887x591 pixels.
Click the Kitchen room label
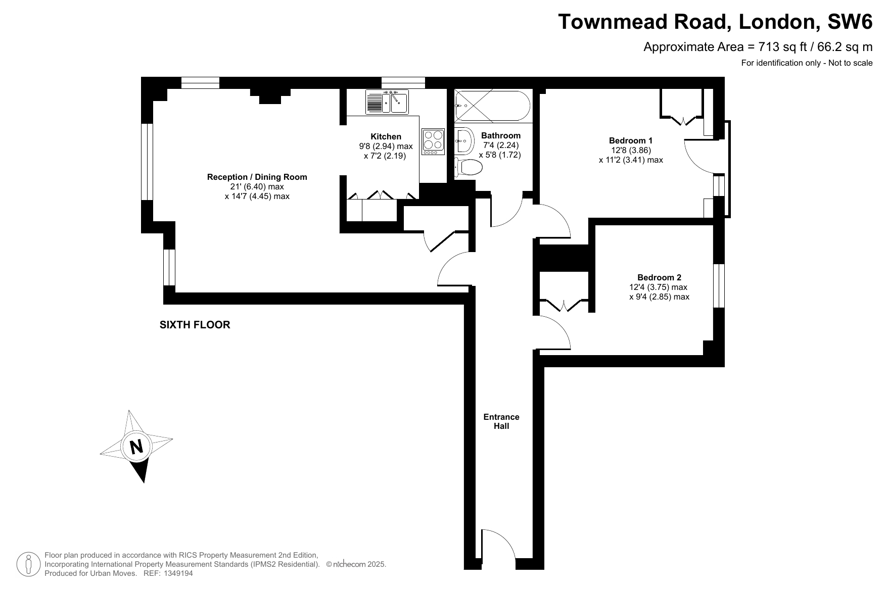pos(386,136)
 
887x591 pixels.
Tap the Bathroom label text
pos(500,135)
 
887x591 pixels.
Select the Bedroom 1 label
pos(631,140)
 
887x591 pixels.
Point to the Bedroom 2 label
pos(659,277)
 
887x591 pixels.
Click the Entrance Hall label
pos(501,421)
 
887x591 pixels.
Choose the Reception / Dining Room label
pos(257,177)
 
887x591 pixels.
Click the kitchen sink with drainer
pos(387,102)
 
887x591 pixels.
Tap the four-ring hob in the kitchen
pos(433,142)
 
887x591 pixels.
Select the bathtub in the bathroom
pos(492,106)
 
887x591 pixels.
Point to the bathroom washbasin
pos(463,141)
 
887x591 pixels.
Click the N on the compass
pos(136,447)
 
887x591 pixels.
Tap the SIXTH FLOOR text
pos(195,325)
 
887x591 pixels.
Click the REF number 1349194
pos(176,573)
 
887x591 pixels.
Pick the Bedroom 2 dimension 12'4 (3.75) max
pos(658,287)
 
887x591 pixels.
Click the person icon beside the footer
pos(29,564)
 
